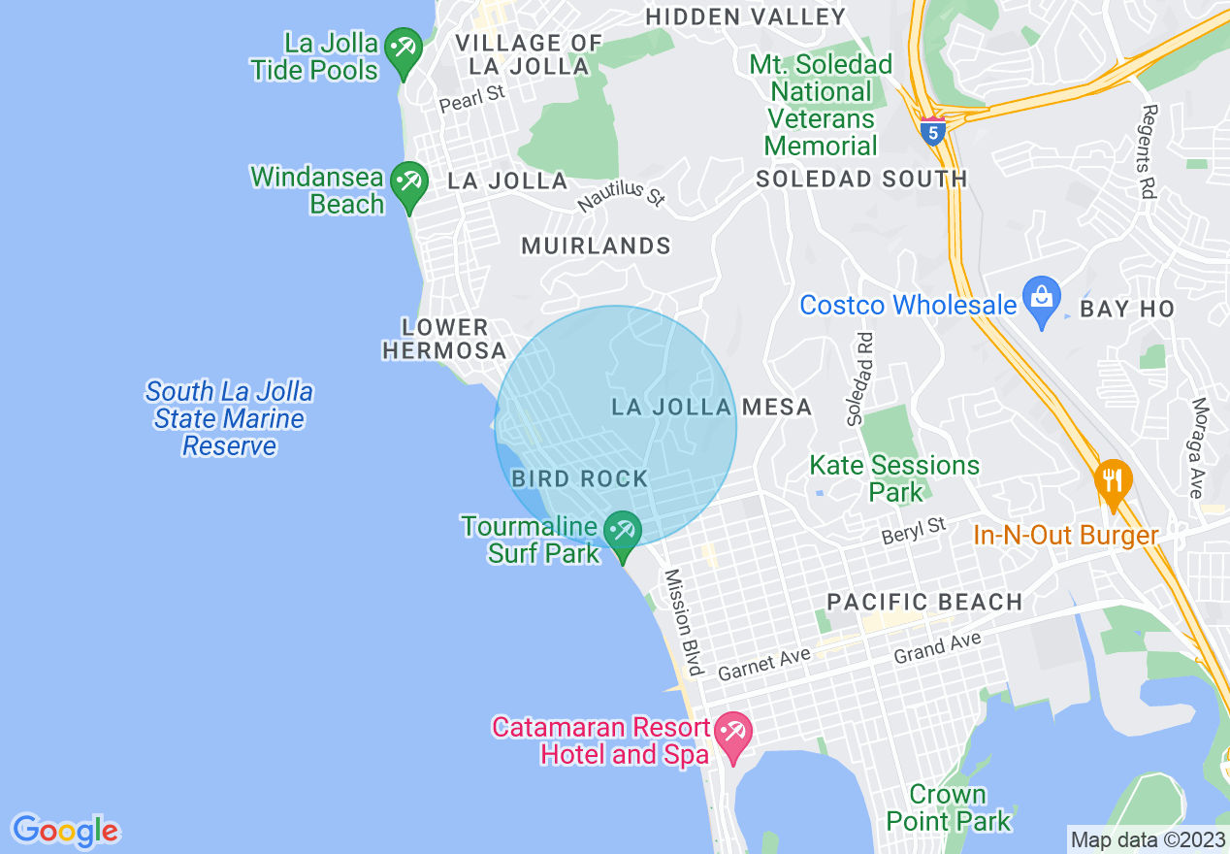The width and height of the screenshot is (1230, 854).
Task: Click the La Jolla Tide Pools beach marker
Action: click(401, 49)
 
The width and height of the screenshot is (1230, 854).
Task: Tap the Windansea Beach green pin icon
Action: click(408, 183)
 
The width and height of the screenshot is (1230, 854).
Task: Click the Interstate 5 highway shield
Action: click(932, 130)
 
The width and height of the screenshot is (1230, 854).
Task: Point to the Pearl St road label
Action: click(472, 98)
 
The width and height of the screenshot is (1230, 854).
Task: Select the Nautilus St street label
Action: click(621, 192)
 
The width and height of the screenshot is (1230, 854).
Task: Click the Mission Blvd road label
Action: click(682, 622)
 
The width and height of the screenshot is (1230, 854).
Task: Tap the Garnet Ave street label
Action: click(763, 664)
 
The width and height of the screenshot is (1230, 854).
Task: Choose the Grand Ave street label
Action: click(937, 647)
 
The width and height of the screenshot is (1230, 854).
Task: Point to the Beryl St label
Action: click(913, 531)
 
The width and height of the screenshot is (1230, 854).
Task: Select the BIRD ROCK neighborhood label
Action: click(579, 478)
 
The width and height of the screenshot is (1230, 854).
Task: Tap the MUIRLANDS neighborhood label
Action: click(596, 246)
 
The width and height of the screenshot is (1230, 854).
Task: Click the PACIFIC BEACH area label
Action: click(924, 602)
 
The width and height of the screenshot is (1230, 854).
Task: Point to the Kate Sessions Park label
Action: click(894, 478)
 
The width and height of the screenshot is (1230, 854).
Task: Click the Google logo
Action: click(65, 831)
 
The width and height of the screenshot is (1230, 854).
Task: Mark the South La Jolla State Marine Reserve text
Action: click(229, 418)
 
